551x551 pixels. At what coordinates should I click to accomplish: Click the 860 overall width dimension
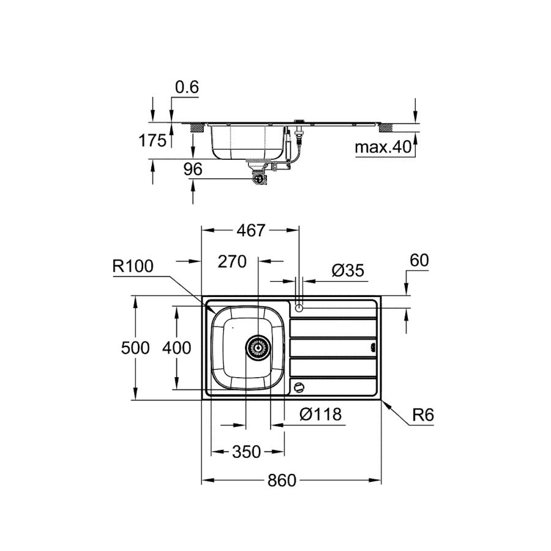click(x=282, y=480)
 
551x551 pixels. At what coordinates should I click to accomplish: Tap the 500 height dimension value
click(x=135, y=348)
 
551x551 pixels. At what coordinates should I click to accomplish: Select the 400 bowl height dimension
click(x=176, y=348)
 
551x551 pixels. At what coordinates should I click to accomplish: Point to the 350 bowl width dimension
click(x=247, y=452)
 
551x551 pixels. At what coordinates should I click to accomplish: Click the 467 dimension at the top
click(x=250, y=231)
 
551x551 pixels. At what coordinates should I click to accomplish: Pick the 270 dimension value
click(x=232, y=262)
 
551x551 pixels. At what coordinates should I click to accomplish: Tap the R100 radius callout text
click(x=133, y=266)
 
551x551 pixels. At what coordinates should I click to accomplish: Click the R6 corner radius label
click(x=423, y=415)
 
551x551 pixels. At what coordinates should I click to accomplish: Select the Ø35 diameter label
click(x=348, y=271)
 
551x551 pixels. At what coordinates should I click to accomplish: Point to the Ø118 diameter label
click(x=320, y=414)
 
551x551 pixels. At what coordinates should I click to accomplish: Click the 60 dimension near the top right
click(x=419, y=260)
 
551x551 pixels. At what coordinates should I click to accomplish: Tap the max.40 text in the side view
click(x=383, y=147)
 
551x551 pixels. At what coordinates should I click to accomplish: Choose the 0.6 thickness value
click(x=187, y=87)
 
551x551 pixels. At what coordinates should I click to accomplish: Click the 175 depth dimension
click(x=152, y=141)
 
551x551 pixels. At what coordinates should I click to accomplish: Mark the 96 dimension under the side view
click(x=193, y=170)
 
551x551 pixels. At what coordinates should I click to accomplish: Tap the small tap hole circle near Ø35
click(x=299, y=308)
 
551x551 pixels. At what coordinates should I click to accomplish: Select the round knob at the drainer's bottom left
click(x=299, y=388)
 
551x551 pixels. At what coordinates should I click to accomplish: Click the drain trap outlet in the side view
click(x=260, y=179)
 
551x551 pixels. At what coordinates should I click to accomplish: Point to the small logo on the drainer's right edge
click(x=373, y=348)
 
